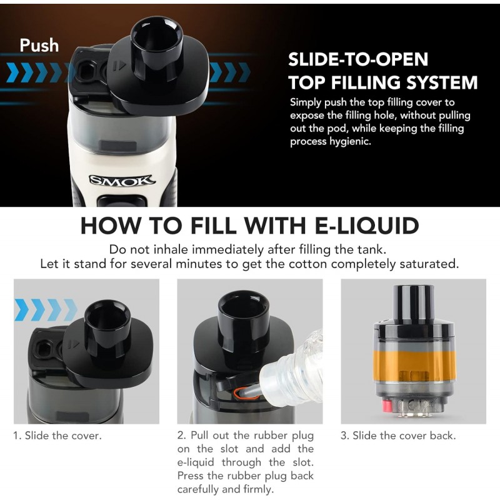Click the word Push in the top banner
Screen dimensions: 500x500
point(39,45)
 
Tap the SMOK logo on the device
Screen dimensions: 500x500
point(122,181)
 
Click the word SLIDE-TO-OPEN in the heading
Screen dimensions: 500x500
point(358,59)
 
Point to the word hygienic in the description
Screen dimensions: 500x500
point(350,142)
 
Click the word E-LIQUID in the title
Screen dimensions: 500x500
point(367,226)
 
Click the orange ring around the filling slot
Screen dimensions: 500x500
point(246,394)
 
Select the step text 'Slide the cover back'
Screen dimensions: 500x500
point(404,436)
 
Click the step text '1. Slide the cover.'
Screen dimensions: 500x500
point(57,436)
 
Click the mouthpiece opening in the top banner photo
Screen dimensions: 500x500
point(156,36)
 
